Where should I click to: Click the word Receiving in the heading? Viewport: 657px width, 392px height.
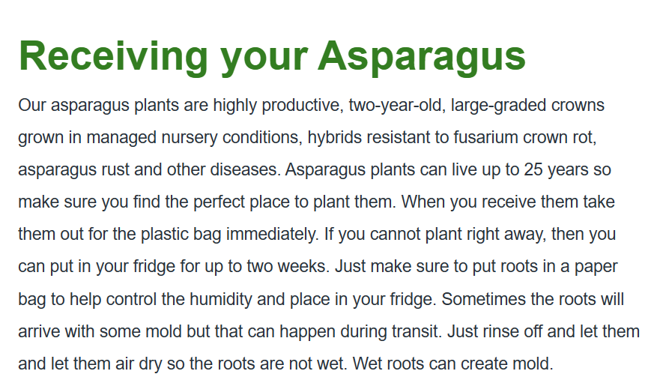coord(113,58)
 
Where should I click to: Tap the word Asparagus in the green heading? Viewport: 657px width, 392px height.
coord(422,58)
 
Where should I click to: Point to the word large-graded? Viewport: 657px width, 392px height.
coord(498,106)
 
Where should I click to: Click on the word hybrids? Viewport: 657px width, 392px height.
coord(334,137)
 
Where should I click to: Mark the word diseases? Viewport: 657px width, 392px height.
coord(245,169)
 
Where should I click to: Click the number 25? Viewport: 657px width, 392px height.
coord(533,169)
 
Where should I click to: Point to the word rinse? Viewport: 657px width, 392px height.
coord(500,331)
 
